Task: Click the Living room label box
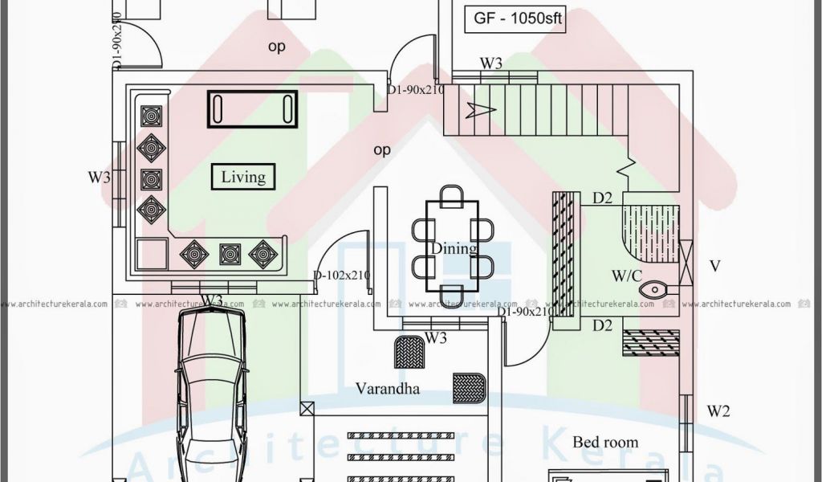[243, 177]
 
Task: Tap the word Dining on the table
[454, 248]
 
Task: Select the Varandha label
[388, 389]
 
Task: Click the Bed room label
[605, 442]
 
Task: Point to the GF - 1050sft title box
[515, 19]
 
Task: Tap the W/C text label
[626, 276]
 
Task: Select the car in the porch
[210, 394]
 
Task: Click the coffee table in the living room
[253, 108]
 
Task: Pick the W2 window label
[718, 412]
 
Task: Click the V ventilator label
[714, 266]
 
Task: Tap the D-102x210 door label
[341, 276]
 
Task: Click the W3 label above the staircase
[491, 63]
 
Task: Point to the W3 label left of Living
[100, 178]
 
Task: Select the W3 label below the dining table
[435, 338]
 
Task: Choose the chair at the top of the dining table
[452, 194]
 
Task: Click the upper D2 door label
[603, 197]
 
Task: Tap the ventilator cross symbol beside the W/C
[686, 263]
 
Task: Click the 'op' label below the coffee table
[382, 149]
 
